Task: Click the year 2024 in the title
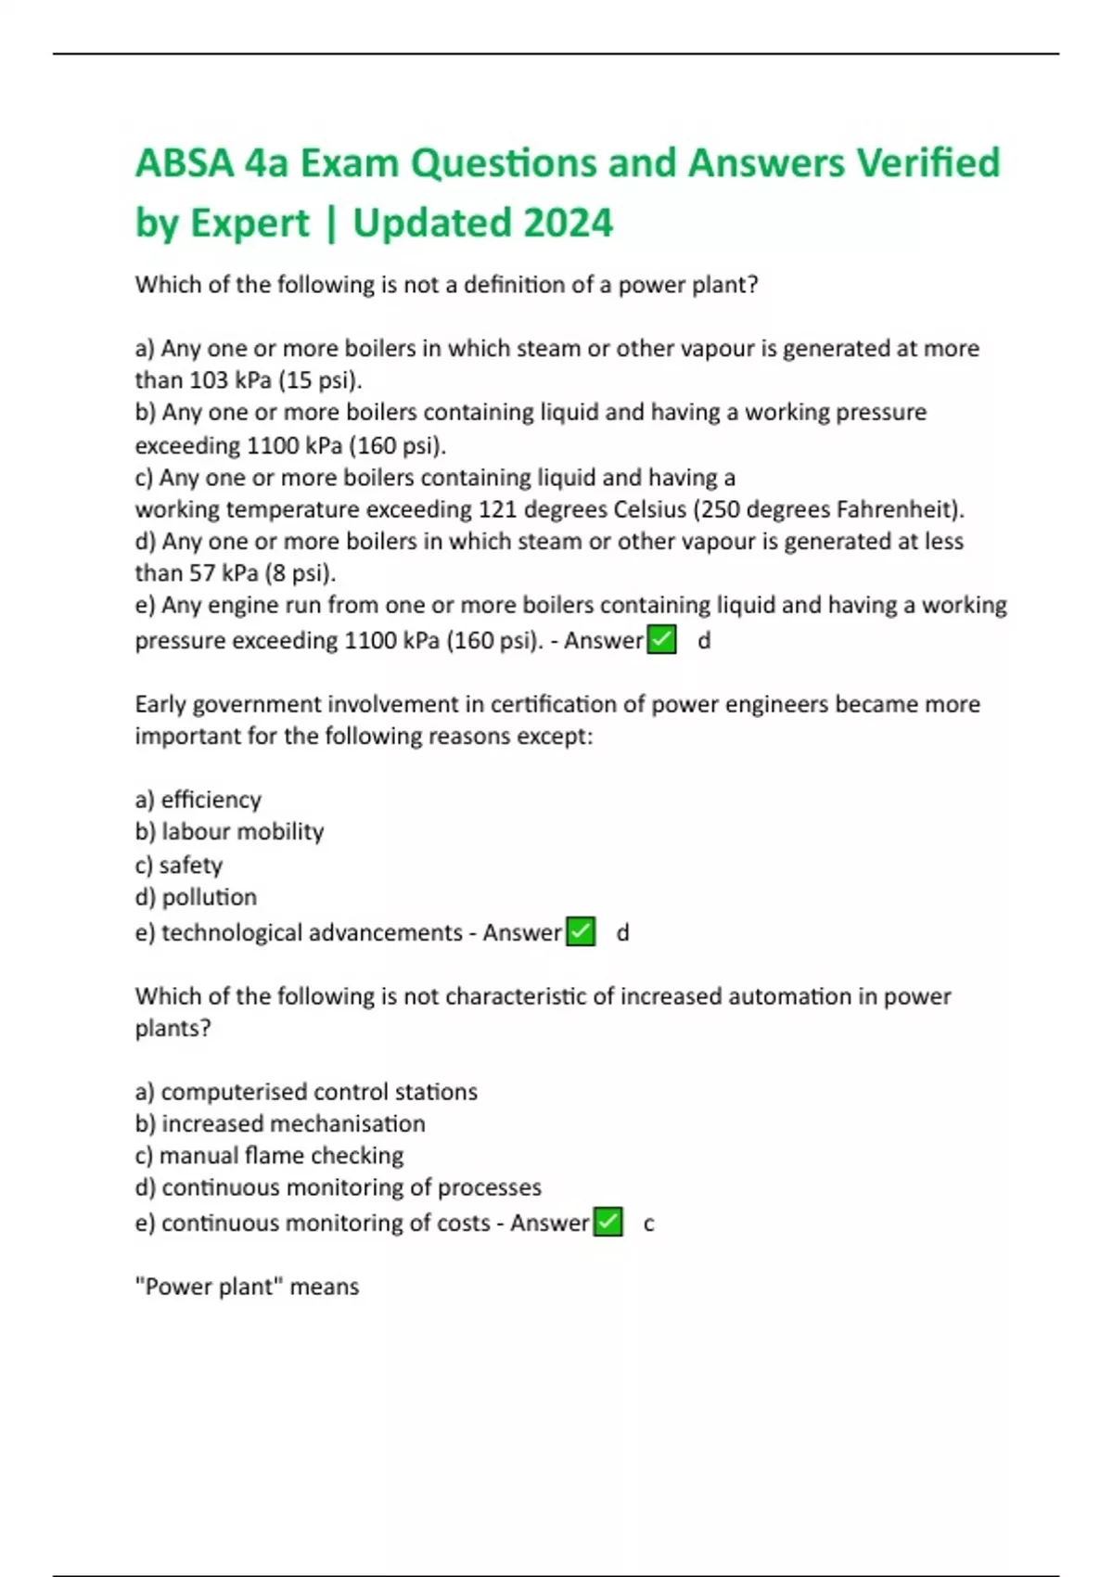click(568, 223)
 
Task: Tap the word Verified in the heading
click(927, 163)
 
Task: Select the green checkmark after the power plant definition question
click(661, 640)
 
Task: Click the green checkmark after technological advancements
click(581, 931)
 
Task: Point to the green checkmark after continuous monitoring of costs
click(608, 1223)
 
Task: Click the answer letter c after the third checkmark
click(648, 1224)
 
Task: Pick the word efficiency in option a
click(211, 800)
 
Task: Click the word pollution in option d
click(210, 897)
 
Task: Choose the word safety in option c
click(191, 865)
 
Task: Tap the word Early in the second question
click(161, 704)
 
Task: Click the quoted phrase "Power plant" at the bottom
click(209, 1287)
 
